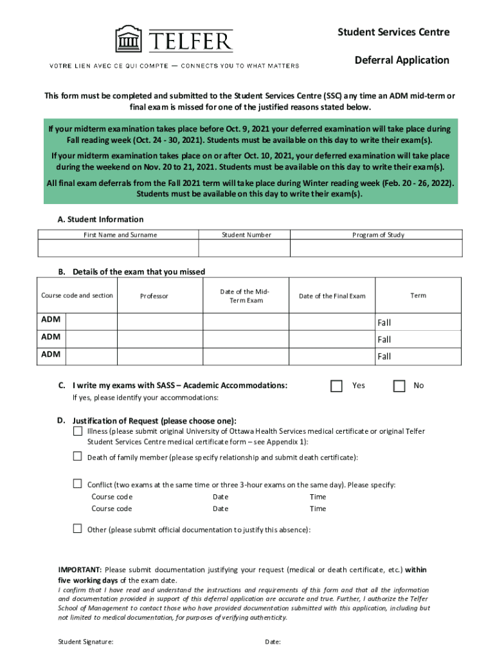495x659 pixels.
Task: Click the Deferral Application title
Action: tap(402, 60)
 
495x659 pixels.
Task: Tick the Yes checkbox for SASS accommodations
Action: tap(336, 385)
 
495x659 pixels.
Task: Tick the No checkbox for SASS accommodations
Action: tap(399, 385)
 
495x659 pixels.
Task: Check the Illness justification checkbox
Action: tap(77, 431)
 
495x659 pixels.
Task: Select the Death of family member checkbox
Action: tap(77, 456)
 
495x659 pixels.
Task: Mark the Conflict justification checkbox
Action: tap(77, 484)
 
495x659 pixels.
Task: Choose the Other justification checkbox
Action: tap(77, 529)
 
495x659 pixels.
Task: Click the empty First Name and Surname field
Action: tap(119, 248)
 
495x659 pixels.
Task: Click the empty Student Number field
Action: tap(244, 248)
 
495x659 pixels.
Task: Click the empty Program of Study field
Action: tap(376, 248)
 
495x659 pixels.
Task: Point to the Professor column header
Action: tap(154, 296)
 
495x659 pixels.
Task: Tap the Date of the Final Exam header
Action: tap(332, 296)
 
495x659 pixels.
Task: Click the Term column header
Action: tap(418, 295)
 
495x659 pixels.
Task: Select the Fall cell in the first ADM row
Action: tap(384, 322)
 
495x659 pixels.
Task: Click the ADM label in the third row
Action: tap(51, 354)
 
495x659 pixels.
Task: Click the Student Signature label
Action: tap(86, 642)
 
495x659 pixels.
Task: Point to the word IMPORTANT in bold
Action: tap(80, 570)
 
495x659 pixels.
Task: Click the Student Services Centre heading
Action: tap(394, 32)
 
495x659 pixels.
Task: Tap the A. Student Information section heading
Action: tap(100, 219)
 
